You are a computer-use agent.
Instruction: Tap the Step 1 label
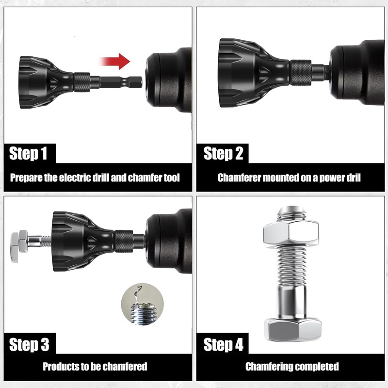coord(29,154)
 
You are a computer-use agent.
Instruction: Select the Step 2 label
coord(223,154)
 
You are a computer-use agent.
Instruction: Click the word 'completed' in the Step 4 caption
coord(319,366)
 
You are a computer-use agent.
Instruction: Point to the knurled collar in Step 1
coord(82,81)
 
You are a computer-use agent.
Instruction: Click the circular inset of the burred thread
coord(142,304)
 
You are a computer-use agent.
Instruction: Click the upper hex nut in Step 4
coord(291,233)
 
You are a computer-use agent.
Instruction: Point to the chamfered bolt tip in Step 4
coord(291,211)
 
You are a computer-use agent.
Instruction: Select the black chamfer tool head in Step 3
coord(78,241)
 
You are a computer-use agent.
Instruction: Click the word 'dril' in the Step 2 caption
coord(354,178)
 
